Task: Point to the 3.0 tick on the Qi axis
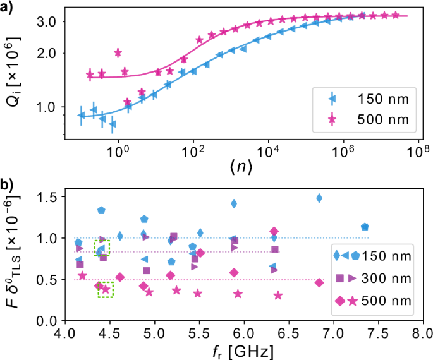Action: click(50, 21)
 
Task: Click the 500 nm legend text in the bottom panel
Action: click(391, 299)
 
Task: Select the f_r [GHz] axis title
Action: click(243, 349)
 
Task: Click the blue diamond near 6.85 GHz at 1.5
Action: click(319, 198)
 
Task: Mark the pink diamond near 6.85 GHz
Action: click(319, 282)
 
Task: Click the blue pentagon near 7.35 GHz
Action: click(364, 227)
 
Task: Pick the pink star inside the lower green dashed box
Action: click(106, 290)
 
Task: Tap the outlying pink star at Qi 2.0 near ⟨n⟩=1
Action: click(118, 52)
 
